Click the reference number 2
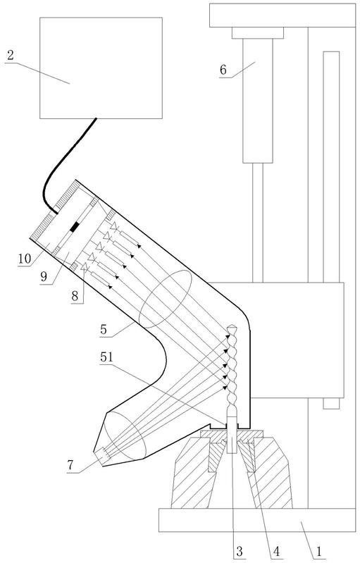tap(11, 55)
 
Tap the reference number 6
tap(223, 70)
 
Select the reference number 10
tap(25, 259)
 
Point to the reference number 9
tap(44, 277)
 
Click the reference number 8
tap(75, 296)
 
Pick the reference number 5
tap(104, 329)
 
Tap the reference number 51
tap(106, 357)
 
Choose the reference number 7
tap(70, 465)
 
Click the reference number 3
tap(240, 551)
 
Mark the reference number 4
tap(276, 551)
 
